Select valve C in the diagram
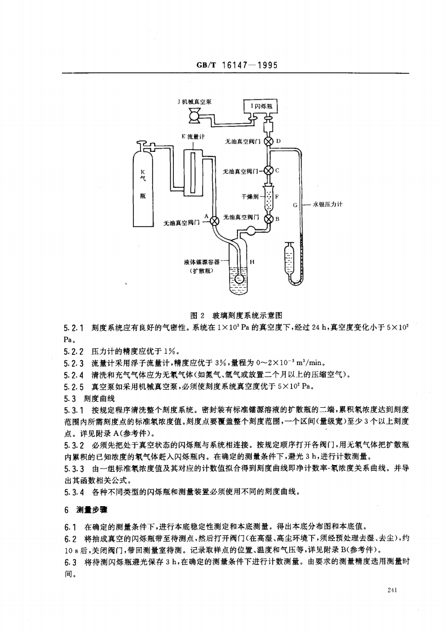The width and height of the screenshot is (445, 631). pyautogui.click(x=269, y=170)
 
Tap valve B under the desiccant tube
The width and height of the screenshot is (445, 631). pyautogui.click(x=269, y=219)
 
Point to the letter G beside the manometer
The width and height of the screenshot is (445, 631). pyautogui.click(x=295, y=205)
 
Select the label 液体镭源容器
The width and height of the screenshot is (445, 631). pyautogui.click(x=203, y=262)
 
